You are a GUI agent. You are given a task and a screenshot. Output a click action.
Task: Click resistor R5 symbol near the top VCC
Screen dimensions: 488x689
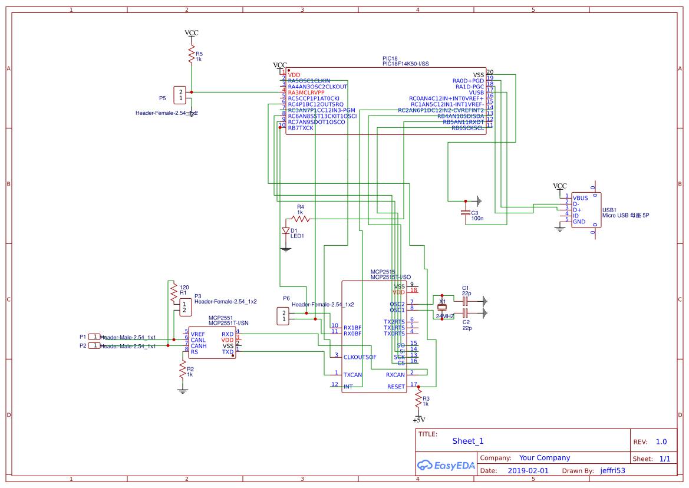point(191,55)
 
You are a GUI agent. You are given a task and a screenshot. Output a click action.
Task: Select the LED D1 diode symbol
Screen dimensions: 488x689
point(286,231)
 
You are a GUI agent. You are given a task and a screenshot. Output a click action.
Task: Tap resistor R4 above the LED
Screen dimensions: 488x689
point(301,219)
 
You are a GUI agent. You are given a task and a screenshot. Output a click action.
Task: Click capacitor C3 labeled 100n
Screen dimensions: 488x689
point(466,212)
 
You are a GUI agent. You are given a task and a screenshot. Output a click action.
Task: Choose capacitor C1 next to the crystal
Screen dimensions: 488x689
point(465,301)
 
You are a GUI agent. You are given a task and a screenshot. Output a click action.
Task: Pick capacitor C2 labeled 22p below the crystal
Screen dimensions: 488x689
point(465,312)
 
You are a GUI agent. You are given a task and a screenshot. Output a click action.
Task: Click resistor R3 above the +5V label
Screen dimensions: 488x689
point(418,400)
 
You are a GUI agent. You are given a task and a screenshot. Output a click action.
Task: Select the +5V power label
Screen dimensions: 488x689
point(418,420)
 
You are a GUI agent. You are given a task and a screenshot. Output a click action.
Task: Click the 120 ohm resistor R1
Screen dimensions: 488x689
point(173,290)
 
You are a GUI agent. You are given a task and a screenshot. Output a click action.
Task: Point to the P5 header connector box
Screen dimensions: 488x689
point(180,95)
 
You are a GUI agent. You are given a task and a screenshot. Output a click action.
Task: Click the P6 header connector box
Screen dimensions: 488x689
point(283,316)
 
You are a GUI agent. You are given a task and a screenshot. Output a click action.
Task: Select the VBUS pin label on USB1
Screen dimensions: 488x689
point(580,198)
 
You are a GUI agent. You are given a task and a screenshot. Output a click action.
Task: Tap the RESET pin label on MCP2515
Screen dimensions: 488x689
point(396,387)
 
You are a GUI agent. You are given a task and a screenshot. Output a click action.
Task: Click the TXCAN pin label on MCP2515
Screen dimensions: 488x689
point(352,375)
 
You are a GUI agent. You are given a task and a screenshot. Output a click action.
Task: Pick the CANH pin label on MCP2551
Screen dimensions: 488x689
point(199,346)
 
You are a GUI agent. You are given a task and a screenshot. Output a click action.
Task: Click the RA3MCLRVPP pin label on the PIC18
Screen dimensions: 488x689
point(306,93)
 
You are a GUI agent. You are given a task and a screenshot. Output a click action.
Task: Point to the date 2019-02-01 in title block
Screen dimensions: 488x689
point(528,471)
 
